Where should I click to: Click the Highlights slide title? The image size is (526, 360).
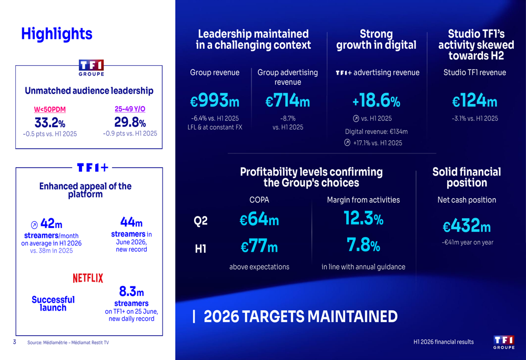(x=57, y=34)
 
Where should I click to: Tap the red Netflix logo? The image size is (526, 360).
(x=88, y=278)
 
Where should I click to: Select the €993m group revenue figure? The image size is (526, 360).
(x=215, y=100)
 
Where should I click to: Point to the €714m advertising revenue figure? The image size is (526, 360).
(x=288, y=100)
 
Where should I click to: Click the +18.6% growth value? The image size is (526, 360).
(x=376, y=100)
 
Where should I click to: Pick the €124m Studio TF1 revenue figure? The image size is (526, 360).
(x=474, y=100)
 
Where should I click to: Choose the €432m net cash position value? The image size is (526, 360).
(x=467, y=225)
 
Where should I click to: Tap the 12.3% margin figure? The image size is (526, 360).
(x=363, y=218)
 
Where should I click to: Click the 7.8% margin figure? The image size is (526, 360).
(x=363, y=245)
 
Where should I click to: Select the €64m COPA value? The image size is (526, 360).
(x=259, y=219)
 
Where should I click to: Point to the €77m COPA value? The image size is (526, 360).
(x=259, y=246)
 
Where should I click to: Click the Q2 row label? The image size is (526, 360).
(x=200, y=221)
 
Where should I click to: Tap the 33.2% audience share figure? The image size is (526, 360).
(x=50, y=122)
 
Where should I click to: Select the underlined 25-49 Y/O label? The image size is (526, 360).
(x=130, y=109)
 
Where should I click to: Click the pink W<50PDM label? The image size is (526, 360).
(x=49, y=109)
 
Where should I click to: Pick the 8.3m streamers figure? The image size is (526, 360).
(x=131, y=292)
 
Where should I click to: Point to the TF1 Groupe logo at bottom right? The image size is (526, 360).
(x=504, y=342)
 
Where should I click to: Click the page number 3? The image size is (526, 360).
(x=14, y=342)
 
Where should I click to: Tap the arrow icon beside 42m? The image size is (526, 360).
(x=34, y=224)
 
